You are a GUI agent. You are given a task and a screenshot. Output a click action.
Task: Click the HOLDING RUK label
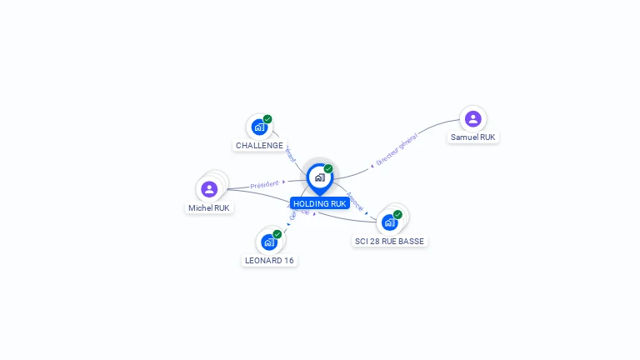[319, 203]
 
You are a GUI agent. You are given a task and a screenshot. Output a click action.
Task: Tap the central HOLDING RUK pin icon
[319, 177]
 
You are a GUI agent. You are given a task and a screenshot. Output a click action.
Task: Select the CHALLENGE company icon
[259, 127]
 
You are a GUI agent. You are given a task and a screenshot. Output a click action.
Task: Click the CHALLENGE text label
[259, 145]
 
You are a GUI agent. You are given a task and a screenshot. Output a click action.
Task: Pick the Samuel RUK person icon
[473, 118]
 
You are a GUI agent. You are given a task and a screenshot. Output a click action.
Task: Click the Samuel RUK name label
[473, 137]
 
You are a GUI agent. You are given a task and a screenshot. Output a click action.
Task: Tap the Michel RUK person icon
[209, 189]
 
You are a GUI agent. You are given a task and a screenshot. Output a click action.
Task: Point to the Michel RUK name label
[209, 207]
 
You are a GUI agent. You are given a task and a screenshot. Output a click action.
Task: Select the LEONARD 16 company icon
[269, 242]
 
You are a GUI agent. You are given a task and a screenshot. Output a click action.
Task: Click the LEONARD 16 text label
[269, 260]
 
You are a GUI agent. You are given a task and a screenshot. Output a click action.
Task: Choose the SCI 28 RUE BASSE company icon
[389, 222]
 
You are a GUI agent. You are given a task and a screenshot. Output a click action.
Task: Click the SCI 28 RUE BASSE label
[389, 241]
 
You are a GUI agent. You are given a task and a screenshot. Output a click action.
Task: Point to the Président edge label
[264, 184]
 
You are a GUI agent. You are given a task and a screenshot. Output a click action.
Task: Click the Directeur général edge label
[396, 150]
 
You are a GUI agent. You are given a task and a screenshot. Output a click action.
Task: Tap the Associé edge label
[354, 200]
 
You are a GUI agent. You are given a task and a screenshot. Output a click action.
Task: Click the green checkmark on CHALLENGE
[267, 119]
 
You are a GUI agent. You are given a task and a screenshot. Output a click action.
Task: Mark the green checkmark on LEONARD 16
[277, 233]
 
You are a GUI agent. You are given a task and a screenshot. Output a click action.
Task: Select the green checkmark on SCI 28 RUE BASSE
[397, 214]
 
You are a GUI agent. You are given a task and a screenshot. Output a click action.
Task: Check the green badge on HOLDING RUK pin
[328, 168]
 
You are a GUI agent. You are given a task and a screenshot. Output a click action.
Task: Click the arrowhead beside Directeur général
[372, 166]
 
